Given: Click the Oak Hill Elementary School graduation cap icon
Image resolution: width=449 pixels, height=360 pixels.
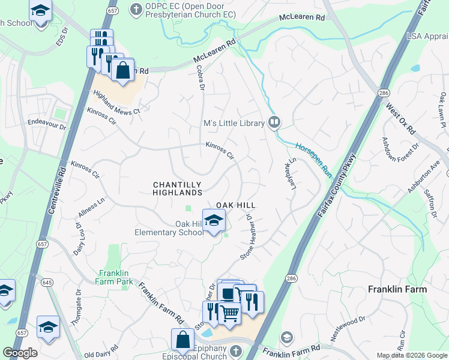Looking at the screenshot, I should (214, 221).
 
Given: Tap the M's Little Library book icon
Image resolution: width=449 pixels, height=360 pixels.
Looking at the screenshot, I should (274, 123).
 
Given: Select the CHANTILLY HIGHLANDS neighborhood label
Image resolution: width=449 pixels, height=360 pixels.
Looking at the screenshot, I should (178, 188).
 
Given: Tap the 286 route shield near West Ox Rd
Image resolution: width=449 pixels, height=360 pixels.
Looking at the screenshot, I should (383, 92).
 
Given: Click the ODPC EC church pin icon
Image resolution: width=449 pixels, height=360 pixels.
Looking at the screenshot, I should (136, 10).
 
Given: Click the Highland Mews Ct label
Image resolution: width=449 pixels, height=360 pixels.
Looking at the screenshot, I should (116, 103).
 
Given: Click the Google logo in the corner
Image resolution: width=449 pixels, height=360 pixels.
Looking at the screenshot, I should (20, 353).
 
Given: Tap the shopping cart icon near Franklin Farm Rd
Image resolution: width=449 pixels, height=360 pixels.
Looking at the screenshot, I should (230, 312).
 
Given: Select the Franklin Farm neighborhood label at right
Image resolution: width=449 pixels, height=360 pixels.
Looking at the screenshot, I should (397, 289).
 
